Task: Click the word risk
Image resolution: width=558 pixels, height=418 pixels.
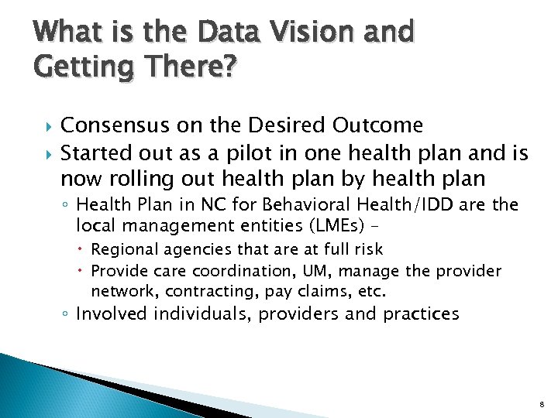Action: click(x=367, y=249)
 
